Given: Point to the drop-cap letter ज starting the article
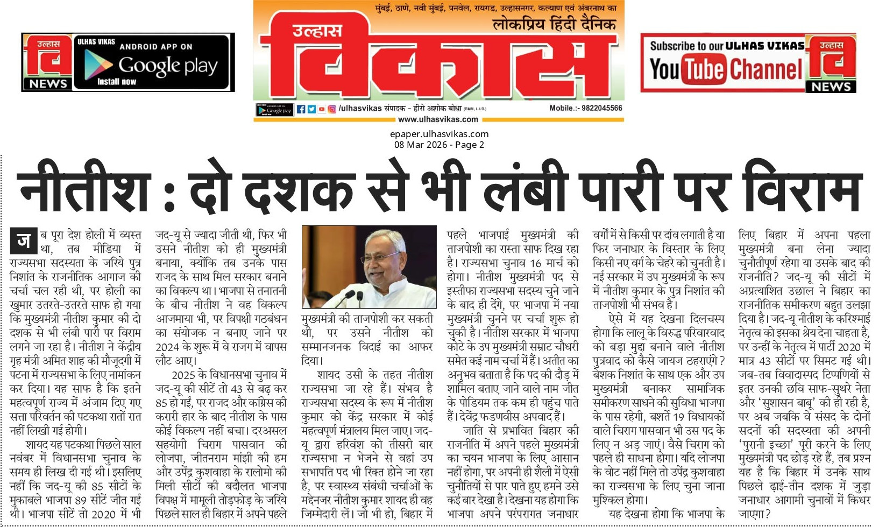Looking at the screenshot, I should (x=24, y=241).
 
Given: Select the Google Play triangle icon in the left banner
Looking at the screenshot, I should (x=98, y=65).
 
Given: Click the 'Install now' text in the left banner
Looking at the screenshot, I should (x=117, y=82).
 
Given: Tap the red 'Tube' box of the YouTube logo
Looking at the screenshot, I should (x=705, y=70).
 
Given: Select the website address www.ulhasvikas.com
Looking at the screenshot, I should (x=438, y=119).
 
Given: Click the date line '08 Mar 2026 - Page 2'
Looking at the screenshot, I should (x=439, y=145).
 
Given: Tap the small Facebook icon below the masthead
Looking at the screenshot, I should (x=301, y=109).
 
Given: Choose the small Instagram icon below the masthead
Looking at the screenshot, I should (x=332, y=109).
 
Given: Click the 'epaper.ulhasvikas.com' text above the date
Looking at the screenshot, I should (x=439, y=134).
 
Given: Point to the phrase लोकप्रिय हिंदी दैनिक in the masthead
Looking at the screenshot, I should (x=554, y=24).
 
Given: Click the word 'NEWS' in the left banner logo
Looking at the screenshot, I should (x=48, y=84).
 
